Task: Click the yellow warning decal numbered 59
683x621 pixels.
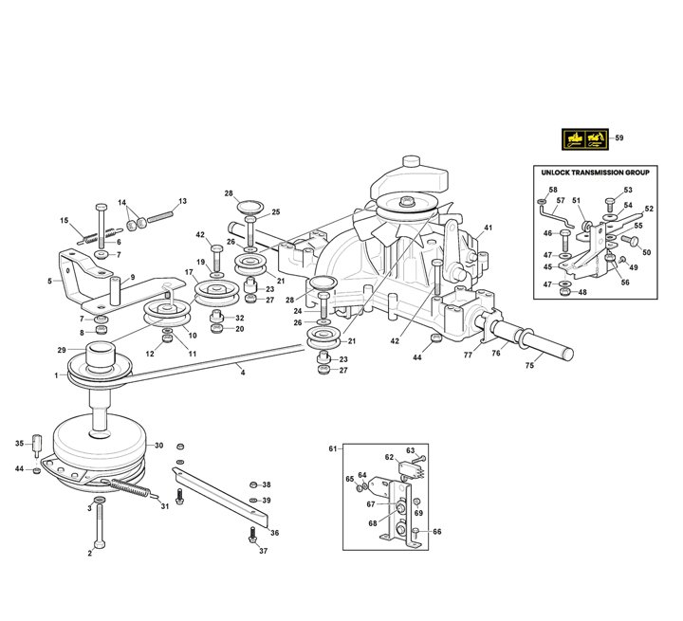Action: tap(583, 138)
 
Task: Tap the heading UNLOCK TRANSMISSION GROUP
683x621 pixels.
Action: tap(595, 174)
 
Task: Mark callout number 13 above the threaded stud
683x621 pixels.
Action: tap(182, 201)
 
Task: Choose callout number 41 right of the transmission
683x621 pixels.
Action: tap(489, 228)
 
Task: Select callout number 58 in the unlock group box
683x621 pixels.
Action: tap(553, 191)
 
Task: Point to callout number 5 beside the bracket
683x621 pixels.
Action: tap(48, 282)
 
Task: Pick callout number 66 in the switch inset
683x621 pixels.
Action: tap(436, 532)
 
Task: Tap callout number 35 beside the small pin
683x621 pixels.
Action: tap(19, 444)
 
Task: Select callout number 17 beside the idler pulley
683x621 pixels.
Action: tap(189, 272)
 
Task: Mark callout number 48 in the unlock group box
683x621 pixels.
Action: tap(582, 292)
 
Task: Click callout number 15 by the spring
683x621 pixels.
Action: tap(65, 221)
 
